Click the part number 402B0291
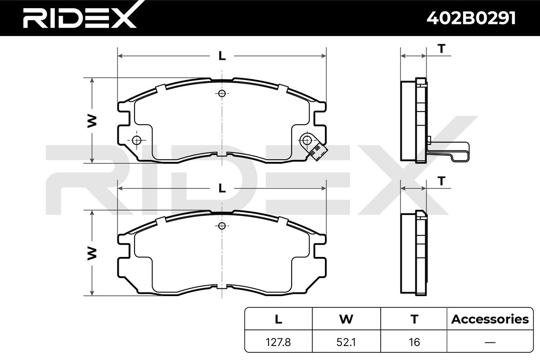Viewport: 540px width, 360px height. point(471,18)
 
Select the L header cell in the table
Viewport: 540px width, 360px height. point(279,319)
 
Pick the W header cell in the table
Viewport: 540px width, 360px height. point(346,319)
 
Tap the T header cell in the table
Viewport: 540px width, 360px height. point(414,319)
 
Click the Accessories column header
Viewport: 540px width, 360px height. point(490,319)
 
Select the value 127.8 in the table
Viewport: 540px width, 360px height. point(278,342)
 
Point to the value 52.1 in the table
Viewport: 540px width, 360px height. point(346,342)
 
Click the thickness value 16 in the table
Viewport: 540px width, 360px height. point(414,342)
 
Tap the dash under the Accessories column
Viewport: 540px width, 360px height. point(490,342)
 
